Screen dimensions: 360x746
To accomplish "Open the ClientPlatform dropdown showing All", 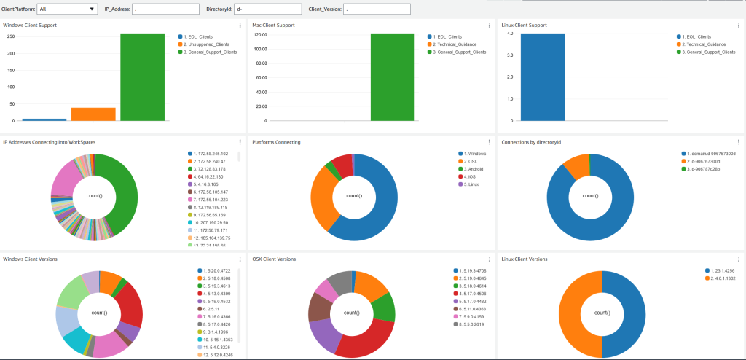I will [66, 9].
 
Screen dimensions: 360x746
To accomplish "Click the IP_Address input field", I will [166, 9].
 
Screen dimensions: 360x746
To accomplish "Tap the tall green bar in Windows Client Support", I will [142, 77].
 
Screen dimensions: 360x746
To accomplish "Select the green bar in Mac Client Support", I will [392, 77].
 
